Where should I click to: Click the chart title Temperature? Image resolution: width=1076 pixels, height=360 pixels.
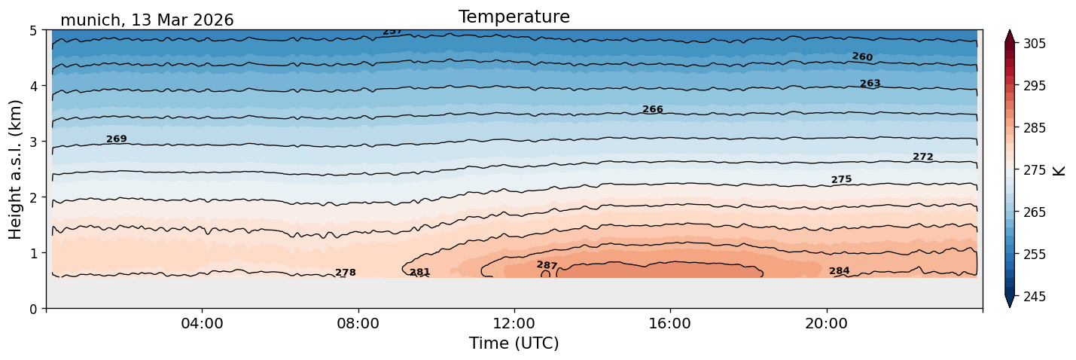pos(514,17)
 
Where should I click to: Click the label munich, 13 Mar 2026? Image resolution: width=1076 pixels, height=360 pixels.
pos(147,20)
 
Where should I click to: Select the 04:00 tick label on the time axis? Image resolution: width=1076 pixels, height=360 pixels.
pos(203,323)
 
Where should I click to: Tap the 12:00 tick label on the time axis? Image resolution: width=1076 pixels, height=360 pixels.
pos(514,323)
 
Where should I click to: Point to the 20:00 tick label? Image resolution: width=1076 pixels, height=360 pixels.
pos(826,323)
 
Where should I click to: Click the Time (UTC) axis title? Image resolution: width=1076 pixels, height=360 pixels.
pos(514,343)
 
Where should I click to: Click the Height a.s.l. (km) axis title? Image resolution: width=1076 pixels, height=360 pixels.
pos(15,169)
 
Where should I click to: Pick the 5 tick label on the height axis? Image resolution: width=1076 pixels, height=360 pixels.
pos(34,31)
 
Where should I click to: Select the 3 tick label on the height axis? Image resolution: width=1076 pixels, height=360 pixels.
pos(34,142)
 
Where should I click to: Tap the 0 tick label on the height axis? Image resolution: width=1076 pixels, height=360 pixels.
pos(34,309)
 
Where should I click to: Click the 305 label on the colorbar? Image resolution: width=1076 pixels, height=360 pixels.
pos(1034,44)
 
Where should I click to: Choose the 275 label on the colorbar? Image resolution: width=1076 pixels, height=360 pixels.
pos(1034,170)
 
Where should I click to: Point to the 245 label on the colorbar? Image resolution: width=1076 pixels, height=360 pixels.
pos(1034,297)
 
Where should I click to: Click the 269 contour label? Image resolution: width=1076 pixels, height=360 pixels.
pos(117,139)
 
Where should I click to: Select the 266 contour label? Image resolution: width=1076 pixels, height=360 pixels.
pos(653,109)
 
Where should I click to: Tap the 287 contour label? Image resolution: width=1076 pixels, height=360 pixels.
pos(547,265)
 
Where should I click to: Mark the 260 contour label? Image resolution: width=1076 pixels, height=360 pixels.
pos(862,56)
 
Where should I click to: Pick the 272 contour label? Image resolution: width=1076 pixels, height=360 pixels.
pos(922,157)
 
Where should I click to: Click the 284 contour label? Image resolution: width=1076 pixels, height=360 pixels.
pos(839,270)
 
